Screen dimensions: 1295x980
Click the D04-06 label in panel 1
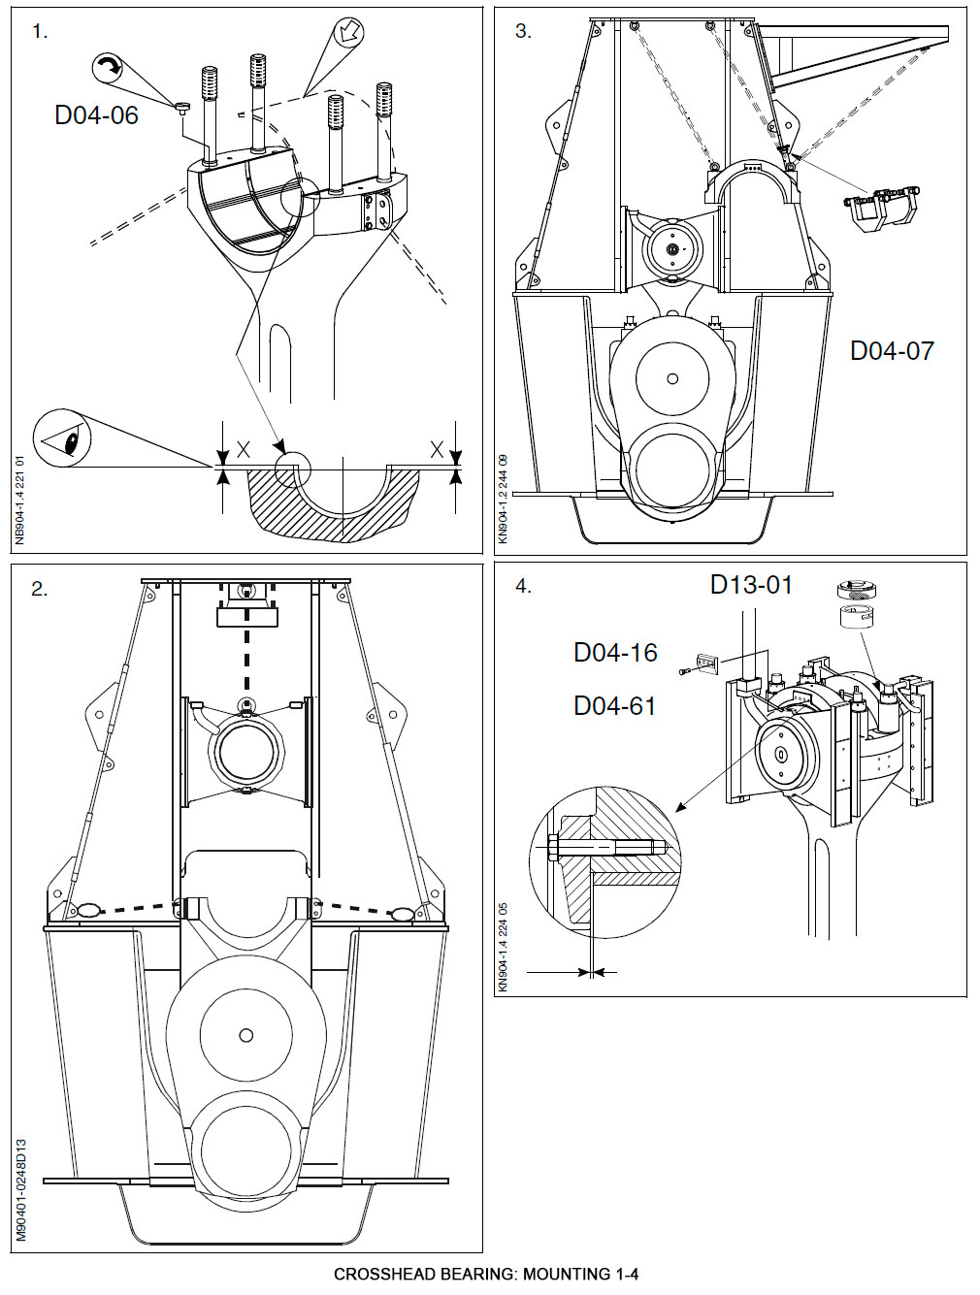tap(96, 115)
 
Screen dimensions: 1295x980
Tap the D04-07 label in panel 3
tap(892, 351)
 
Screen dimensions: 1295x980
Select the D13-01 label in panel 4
tap(751, 585)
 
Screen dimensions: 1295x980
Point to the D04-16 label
tap(615, 653)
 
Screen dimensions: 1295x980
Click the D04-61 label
tap(614, 706)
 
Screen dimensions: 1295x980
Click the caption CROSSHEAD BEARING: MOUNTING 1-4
tap(486, 1275)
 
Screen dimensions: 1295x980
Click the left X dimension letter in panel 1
tap(244, 450)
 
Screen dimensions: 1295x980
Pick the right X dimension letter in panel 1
tap(437, 450)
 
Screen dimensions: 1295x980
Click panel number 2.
tap(39, 589)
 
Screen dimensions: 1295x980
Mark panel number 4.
tap(523, 587)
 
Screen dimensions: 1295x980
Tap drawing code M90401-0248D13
tap(20, 1190)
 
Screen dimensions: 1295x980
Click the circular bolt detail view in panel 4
tap(605, 862)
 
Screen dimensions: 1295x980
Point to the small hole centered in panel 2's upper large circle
tap(246, 1035)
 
